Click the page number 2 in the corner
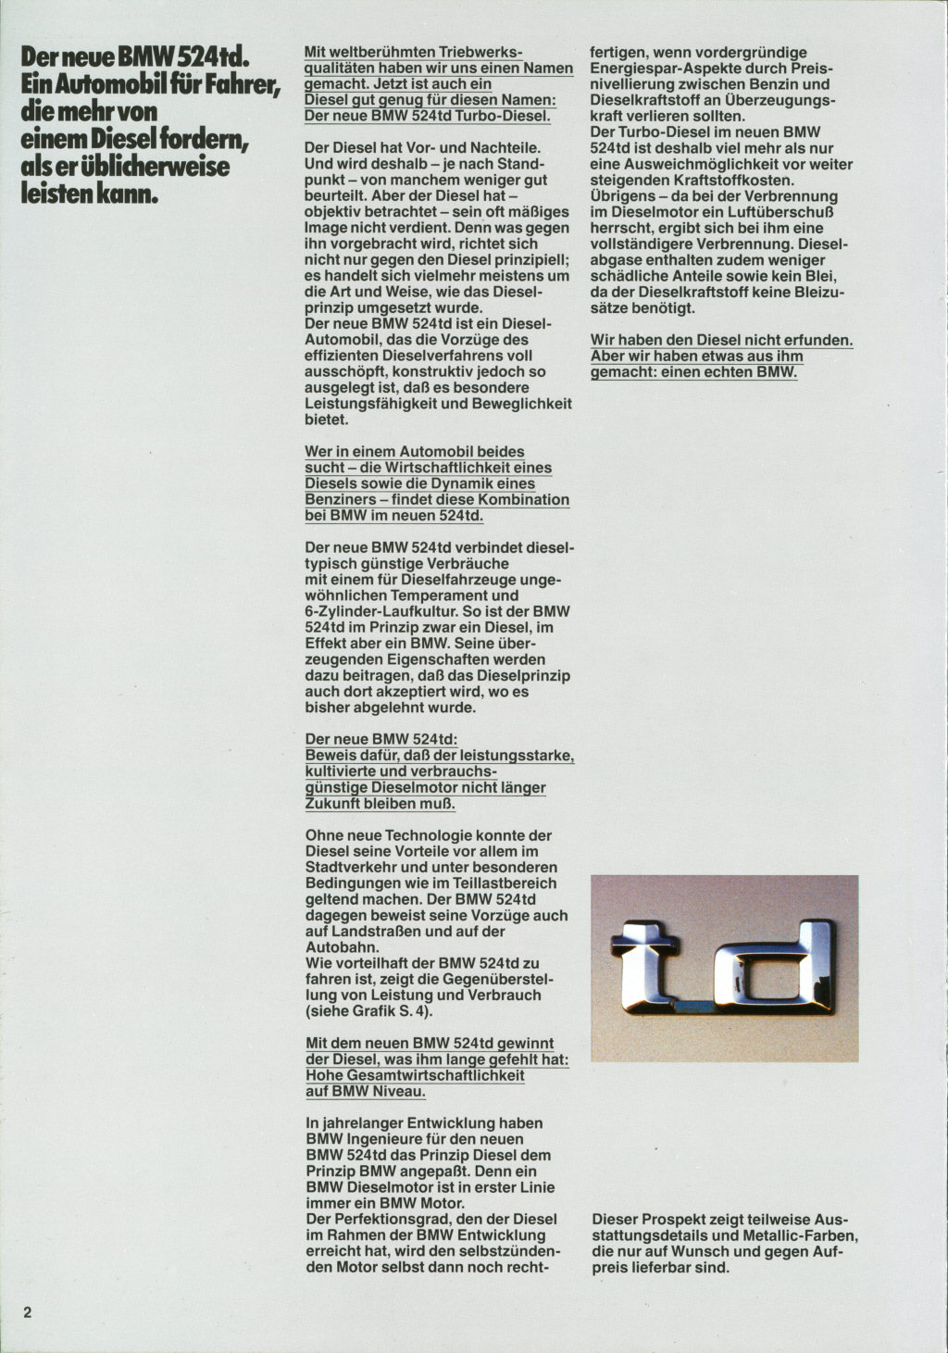tap(28, 1312)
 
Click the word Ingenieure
tap(388, 1139)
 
